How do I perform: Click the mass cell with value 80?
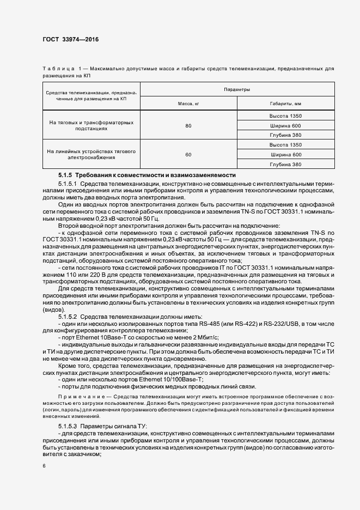coord(188,126)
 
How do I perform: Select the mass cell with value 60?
coord(188,155)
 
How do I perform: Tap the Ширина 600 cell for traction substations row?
coord(285,126)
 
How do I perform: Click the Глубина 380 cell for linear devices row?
coord(285,164)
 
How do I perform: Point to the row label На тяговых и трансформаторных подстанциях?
coord(91,126)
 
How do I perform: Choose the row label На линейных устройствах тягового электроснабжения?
coord(91,154)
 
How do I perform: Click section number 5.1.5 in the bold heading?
coord(65,175)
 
